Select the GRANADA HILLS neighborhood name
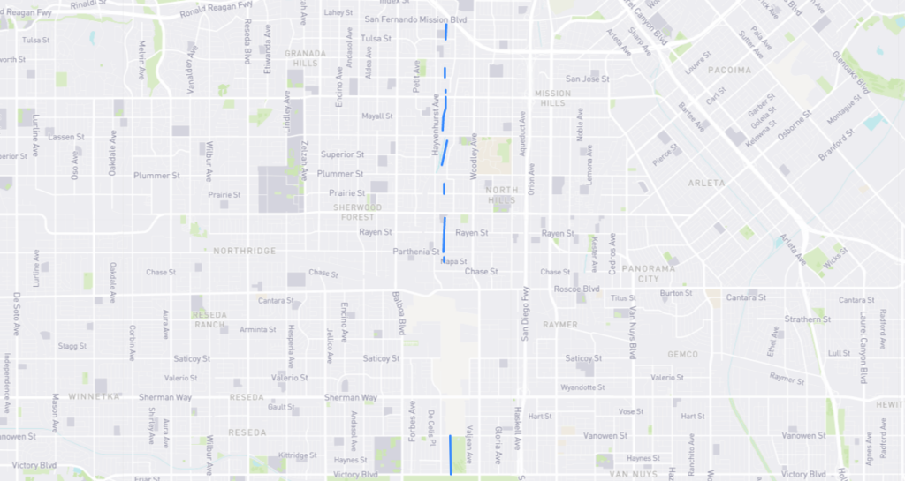click(x=306, y=57)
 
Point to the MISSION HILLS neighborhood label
click(x=552, y=98)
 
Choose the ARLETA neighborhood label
click(x=705, y=183)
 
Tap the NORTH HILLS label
click(x=501, y=195)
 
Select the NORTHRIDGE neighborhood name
click(x=245, y=251)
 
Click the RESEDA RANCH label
click(x=210, y=319)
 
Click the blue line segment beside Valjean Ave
click(x=451, y=454)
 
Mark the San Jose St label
click(x=589, y=79)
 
